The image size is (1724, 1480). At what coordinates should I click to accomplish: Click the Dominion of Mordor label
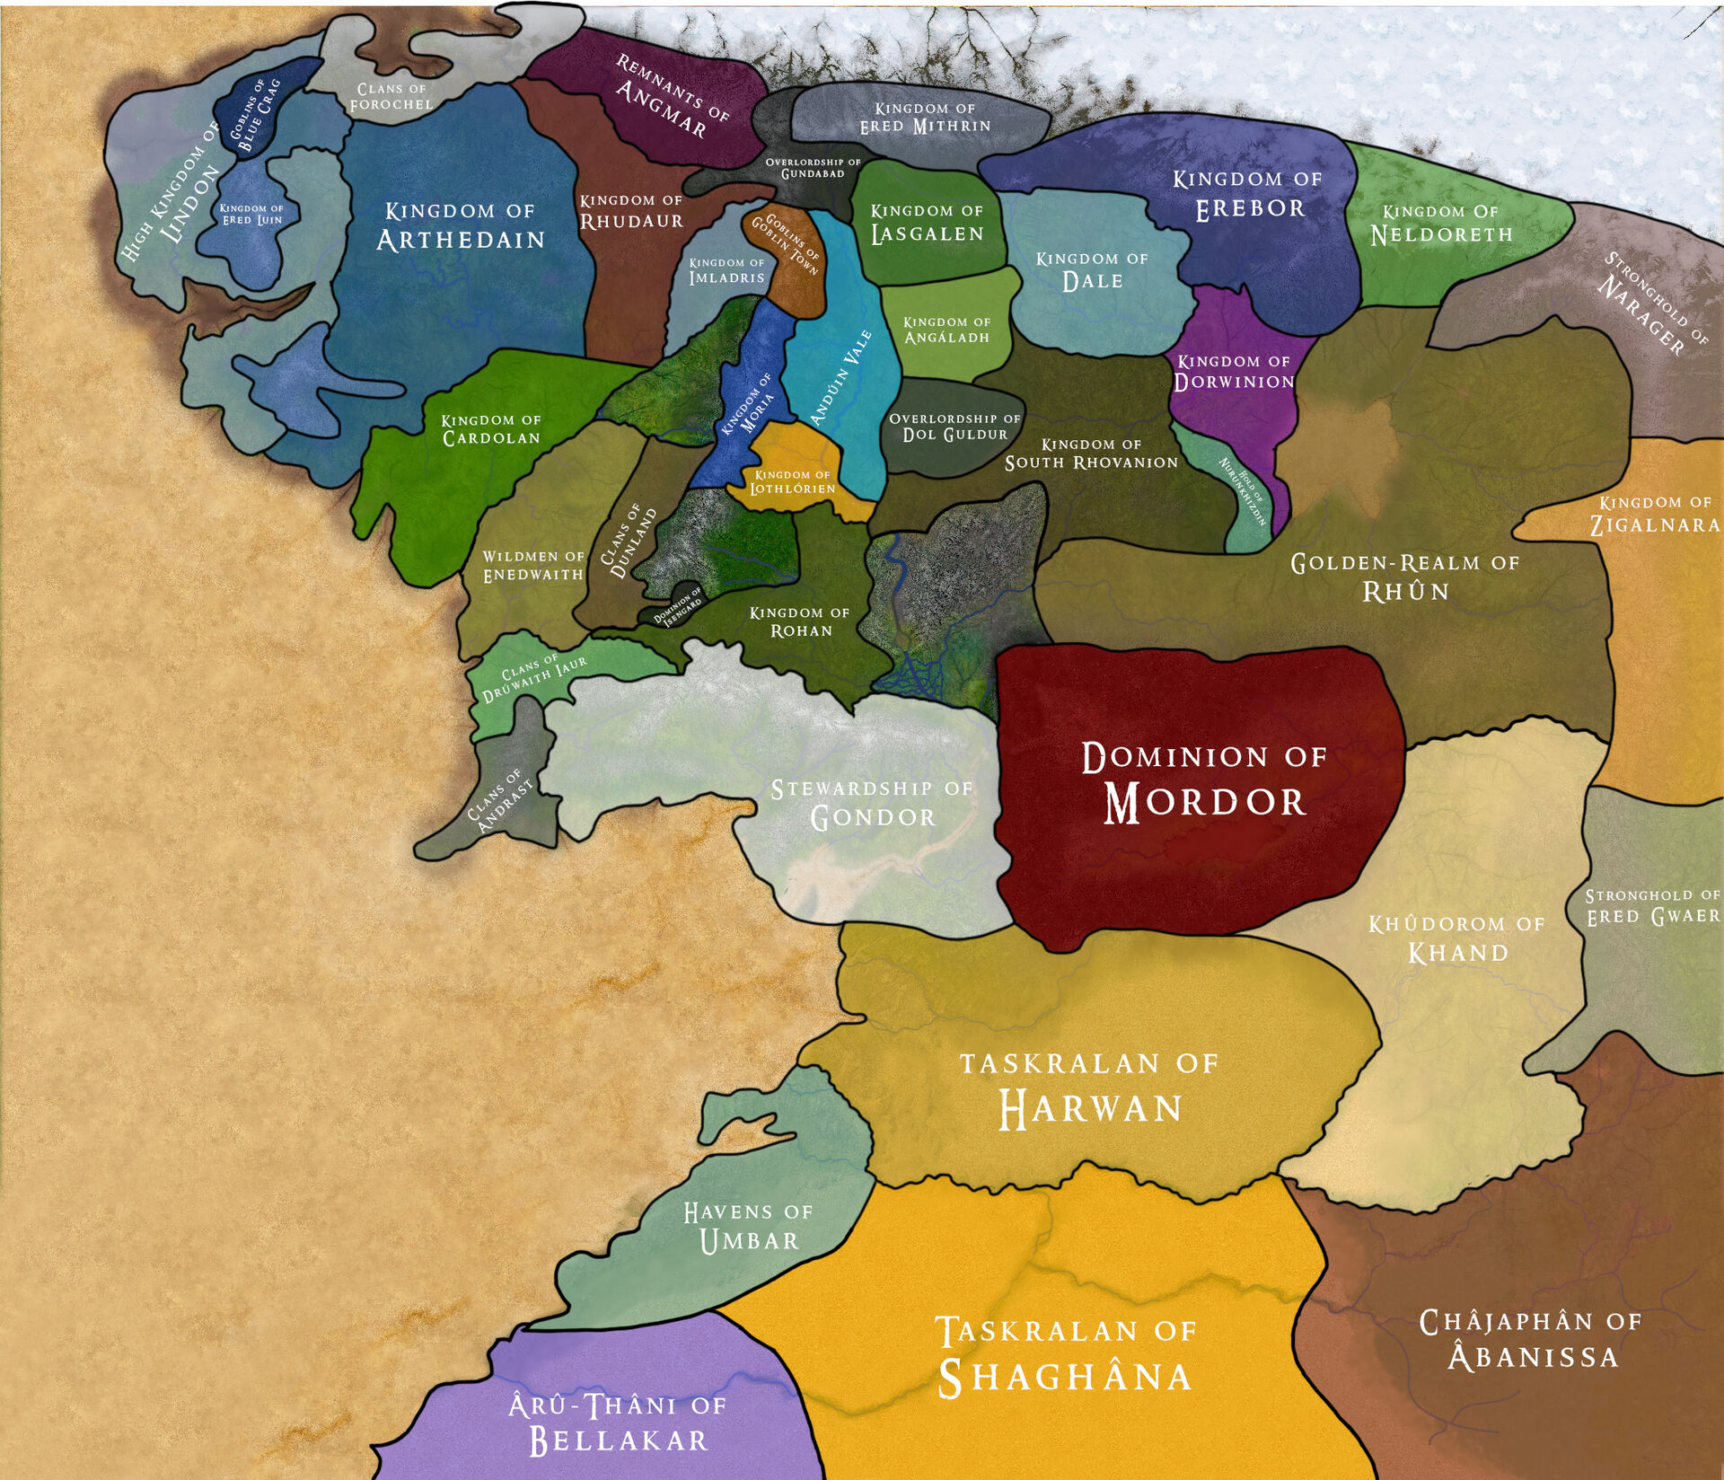(x=1203, y=781)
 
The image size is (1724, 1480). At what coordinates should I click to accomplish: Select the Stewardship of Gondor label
(x=872, y=803)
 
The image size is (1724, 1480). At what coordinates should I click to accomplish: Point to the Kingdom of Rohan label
(x=800, y=621)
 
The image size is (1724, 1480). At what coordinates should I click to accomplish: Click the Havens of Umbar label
(x=748, y=1227)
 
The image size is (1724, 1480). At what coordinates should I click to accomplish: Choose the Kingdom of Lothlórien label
(x=793, y=481)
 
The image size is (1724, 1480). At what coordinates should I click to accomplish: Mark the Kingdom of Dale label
(x=1092, y=270)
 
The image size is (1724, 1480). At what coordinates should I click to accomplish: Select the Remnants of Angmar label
(x=672, y=97)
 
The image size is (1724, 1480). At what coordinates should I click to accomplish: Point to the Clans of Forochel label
(x=391, y=96)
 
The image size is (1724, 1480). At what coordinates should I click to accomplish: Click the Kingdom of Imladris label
(x=726, y=270)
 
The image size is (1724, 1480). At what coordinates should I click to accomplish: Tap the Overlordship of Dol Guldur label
(x=954, y=427)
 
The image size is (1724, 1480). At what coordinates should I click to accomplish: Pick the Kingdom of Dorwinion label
(x=1234, y=372)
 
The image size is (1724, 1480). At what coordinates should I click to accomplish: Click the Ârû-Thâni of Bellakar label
(x=618, y=1423)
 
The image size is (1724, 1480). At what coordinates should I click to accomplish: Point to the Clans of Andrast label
(x=500, y=799)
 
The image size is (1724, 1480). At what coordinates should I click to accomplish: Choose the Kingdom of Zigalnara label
(x=1655, y=514)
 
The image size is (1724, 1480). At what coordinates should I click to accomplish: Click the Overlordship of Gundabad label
(x=813, y=168)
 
